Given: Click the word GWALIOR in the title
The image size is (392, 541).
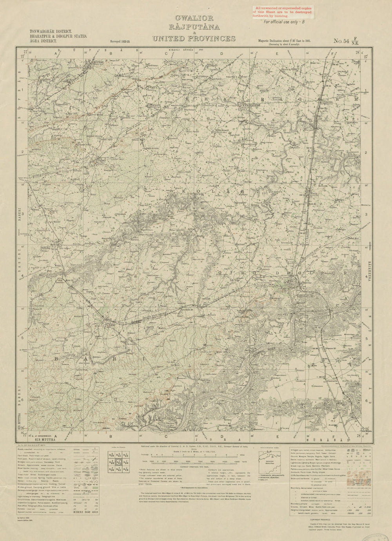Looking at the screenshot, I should [194, 18].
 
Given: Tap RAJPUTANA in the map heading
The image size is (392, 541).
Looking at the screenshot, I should [194, 27].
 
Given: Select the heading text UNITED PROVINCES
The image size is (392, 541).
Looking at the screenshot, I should [194, 38].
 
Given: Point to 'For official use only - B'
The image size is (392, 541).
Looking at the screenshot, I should [284, 22].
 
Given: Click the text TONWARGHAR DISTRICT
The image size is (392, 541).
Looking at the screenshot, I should [50, 31].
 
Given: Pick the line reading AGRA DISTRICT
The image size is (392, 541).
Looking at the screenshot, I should [43, 40].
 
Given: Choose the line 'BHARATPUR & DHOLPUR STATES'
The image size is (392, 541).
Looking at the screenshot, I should [58, 36].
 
